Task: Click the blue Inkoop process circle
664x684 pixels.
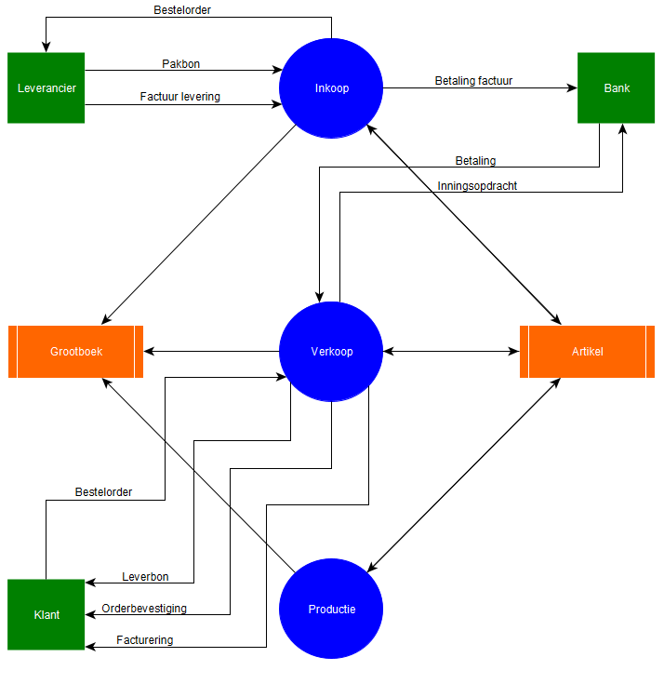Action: coord(331,88)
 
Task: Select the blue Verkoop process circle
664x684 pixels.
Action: coord(331,352)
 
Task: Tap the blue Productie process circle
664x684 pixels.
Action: coord(331,610)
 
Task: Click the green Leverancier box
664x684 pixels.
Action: coord(46,88)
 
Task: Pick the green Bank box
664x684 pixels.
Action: coord(617,88)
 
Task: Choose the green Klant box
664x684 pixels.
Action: coord(46,615)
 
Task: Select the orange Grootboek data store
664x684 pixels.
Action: coord(76,352)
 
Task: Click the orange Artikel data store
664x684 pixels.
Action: coord(587,352)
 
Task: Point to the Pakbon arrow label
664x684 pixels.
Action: coord(180,64)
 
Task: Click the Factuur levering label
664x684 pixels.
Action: coord(180,96)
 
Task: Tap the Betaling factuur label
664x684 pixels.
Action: coord(473,81)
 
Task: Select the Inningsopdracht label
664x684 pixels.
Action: coord(477,186)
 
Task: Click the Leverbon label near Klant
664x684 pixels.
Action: coord(144,577)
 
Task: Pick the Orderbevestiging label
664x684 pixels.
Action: coord(144,609)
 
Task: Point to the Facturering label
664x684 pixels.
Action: coord(144,640)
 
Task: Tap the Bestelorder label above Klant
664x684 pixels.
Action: coord(103,492)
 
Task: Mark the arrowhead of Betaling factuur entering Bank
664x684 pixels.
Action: coord(573,88)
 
